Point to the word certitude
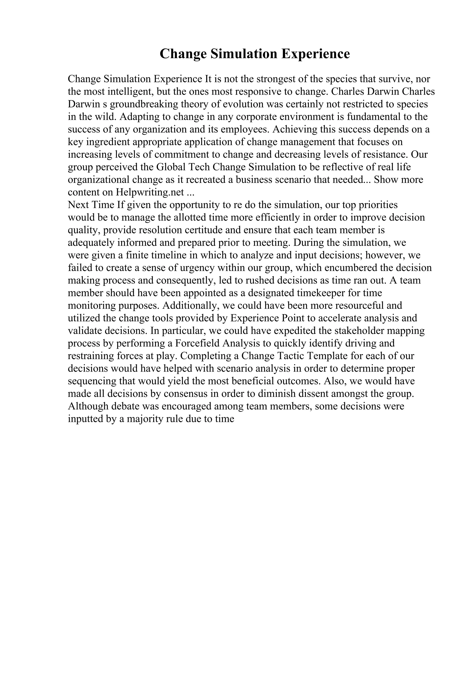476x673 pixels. point(204,230)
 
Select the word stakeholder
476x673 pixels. point(359,331)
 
